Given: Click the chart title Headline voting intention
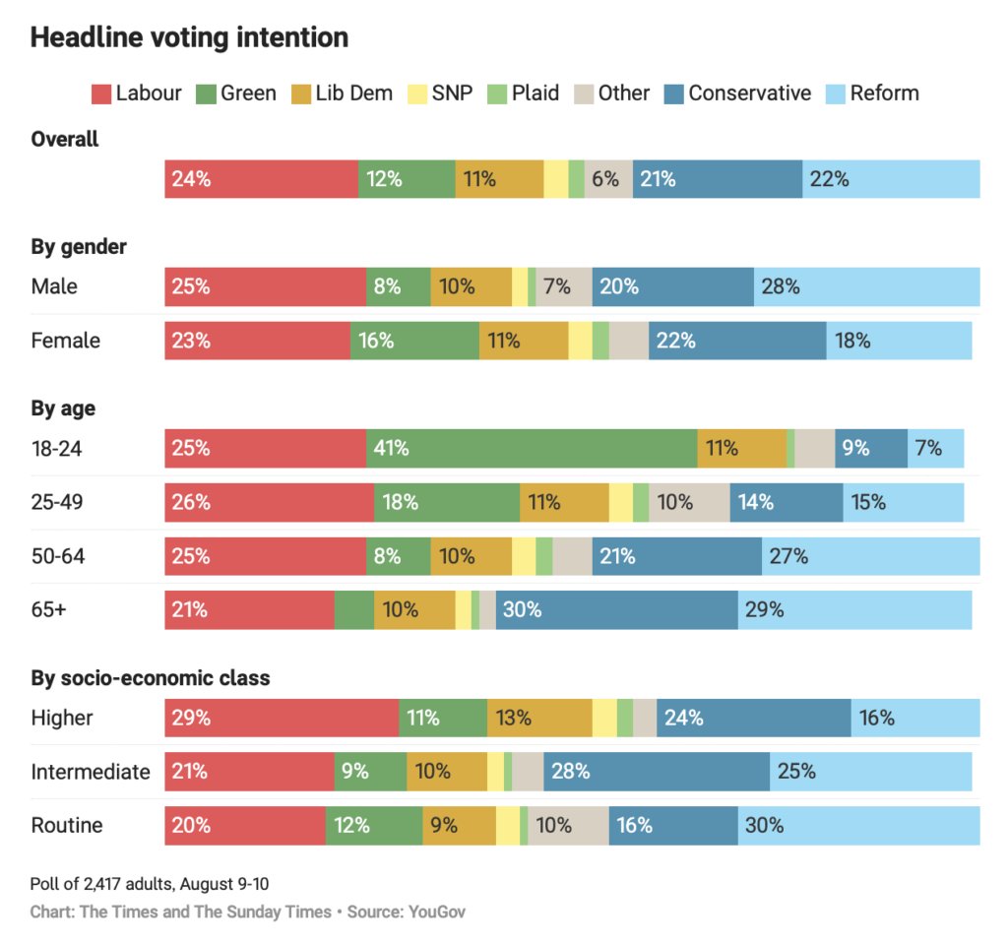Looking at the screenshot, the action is point(190,37).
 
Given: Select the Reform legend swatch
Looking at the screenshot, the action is point(835,94).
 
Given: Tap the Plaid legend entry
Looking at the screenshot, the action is point(524,94).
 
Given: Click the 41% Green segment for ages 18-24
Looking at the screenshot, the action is point(532,448).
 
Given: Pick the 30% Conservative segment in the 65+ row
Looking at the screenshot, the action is point(617,609).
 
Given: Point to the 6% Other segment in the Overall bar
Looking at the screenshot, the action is point(608,179).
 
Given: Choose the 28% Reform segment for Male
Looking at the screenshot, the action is point(867,286).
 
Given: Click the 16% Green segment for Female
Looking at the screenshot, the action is point(415,341).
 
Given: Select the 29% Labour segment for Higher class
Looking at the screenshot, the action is point(282,718).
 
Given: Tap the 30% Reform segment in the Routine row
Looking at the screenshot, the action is point(858,826).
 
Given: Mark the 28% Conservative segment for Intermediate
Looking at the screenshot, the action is point(657,772).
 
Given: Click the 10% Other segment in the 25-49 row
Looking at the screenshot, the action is point(690,502).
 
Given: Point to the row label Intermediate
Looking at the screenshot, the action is point(91,772).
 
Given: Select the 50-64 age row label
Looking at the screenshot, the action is point(58,556).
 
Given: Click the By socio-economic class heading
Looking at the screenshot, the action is point(151,678).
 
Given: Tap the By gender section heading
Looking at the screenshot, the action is point(79,248).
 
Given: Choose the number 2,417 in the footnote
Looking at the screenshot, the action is point(102,884).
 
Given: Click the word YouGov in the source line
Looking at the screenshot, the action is point(436,912).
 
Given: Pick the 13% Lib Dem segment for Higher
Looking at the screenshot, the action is point(540,718).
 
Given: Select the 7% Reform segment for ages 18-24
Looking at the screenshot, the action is point(936,448).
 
